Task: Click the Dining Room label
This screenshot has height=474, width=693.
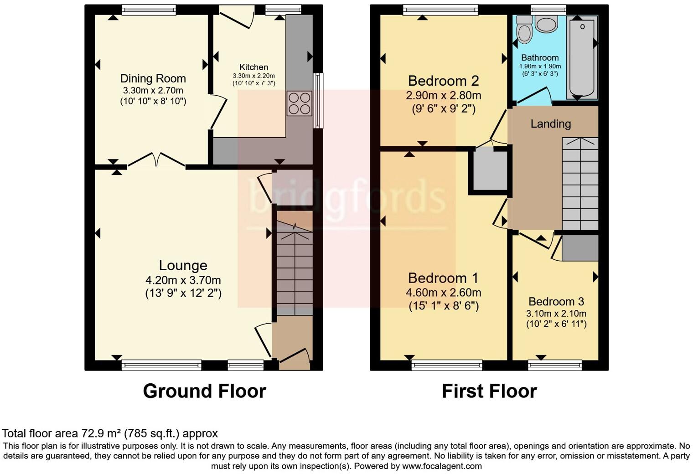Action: point(153,78)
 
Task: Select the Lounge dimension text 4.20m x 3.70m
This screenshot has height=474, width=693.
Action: point(183,280)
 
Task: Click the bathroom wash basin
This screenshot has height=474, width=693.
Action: point(546,24)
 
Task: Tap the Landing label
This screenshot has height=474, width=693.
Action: point(550,124)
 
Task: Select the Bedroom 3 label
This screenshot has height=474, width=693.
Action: point(556,301)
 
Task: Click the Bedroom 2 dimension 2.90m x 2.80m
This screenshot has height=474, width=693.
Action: point(443,96)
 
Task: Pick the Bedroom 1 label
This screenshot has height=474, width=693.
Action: point(443,278)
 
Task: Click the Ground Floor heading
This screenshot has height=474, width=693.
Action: point(204,391)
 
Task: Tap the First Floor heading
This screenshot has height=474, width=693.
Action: point(489,391)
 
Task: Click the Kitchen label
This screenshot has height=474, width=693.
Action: point(253,67)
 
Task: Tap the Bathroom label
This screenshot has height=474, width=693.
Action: point(540,57)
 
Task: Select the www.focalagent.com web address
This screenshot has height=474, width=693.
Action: point(441,466)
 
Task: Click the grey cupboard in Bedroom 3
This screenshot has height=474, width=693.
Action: point(580,248)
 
